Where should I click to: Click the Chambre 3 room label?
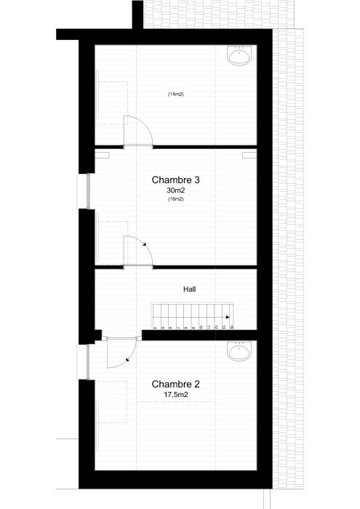[x=175, y=180]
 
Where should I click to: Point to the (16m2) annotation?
[x=175, y=199]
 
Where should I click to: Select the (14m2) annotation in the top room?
[x=175, y=95]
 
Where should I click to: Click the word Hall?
[x=189, y=289]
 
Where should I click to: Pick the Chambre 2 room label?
[x=175, y=384]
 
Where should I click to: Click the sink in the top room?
[x=239, y=55]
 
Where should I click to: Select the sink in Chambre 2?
[x=239, y=352]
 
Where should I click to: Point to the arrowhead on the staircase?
[x=227, y=317]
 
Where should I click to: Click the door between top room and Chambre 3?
[x=137, y=131]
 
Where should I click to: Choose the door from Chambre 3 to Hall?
[x=137, y=252]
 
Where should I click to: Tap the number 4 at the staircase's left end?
[x=155, y=328]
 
